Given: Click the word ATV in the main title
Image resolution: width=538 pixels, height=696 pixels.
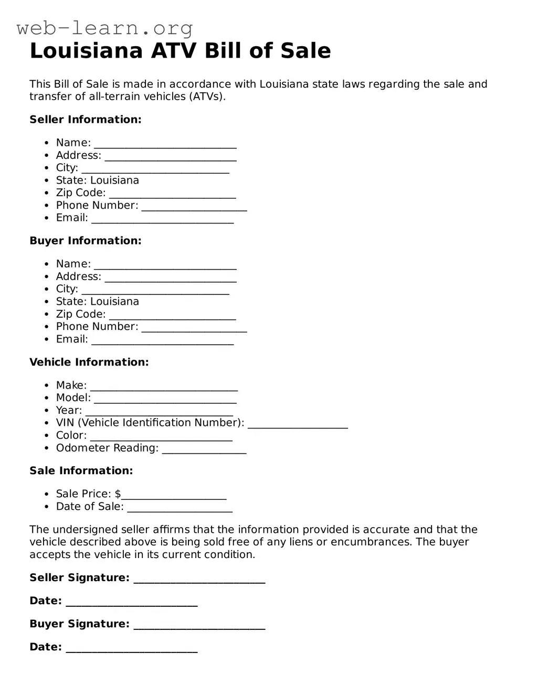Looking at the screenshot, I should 173,51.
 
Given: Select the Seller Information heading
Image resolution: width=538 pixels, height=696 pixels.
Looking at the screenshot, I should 86,120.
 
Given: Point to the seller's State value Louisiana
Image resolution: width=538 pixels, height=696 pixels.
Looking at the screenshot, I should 114,180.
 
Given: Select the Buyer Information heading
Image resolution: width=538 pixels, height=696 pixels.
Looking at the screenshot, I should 86,241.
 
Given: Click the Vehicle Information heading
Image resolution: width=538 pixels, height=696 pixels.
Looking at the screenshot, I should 89,362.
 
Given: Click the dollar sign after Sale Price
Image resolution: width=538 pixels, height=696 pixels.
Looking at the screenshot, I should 118,494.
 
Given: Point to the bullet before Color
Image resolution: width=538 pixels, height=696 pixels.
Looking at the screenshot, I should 47,436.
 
